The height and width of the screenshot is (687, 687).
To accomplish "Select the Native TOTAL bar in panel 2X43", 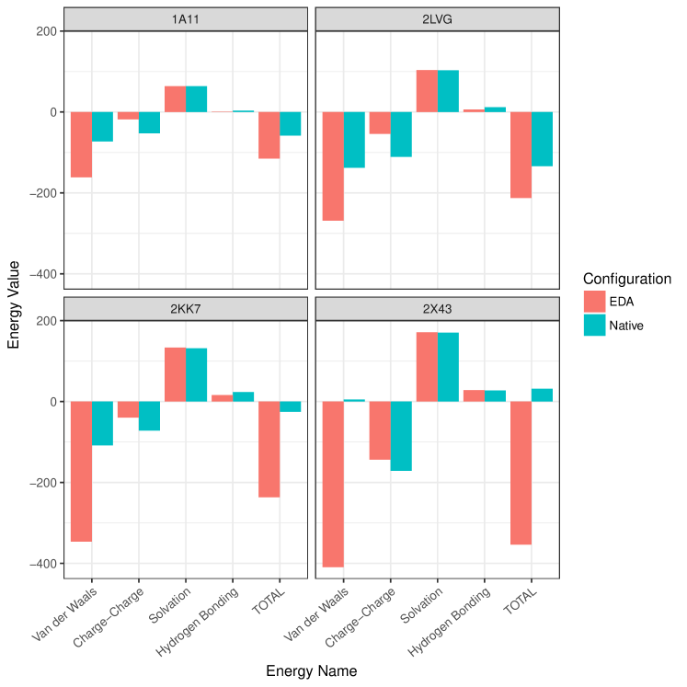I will coord(543,395).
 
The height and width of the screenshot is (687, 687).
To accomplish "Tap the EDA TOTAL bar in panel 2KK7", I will coord(269,449).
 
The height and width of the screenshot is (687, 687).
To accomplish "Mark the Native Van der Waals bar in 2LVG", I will coord(354,140).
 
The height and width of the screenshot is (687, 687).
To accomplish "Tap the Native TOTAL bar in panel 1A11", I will coord(291,123).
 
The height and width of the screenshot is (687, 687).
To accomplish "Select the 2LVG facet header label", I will coord(437,18).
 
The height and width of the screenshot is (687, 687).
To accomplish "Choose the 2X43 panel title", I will coord(437,308).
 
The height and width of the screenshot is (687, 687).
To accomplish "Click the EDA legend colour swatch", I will coord(594,302).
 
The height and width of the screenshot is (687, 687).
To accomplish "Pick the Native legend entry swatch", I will coord(594,325).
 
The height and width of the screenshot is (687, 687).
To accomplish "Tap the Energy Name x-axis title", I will coord(311,671).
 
